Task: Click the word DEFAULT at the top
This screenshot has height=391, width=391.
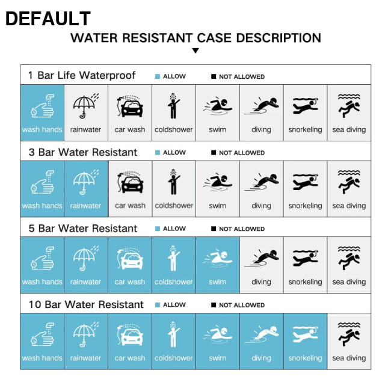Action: pos(48,19)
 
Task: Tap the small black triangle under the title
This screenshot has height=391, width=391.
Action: pos(195,51)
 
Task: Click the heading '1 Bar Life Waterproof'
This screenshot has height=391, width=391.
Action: pos(82,75)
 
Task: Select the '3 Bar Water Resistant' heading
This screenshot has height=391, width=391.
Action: pos(83,152)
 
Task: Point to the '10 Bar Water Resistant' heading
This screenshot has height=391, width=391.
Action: pos(86,304)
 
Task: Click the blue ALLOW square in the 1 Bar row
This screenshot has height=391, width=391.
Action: pos(158,76)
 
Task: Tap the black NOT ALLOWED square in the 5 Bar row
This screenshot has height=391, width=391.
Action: pos(214,229)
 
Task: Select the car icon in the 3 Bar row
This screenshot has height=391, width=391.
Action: pos(130,182)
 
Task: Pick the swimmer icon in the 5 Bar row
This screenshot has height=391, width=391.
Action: pos(217,258)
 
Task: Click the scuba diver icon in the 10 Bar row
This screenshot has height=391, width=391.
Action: pos(349,334)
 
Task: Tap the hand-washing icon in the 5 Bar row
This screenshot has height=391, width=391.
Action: pos(42,258)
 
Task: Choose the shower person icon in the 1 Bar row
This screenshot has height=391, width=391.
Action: pos(173,106)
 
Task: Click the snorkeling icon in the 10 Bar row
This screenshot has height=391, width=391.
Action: pos(305,334)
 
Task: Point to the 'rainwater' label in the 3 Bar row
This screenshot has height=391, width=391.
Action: pos(85,206)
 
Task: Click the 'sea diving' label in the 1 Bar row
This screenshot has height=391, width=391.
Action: pos(349,130)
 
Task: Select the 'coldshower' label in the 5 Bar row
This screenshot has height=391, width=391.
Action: pos(174,282)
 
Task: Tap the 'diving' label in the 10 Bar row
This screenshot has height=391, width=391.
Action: pos(261,358)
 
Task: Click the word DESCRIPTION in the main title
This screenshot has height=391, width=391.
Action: pos(279,38)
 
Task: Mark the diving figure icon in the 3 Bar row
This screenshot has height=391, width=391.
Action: pos(261,182)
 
